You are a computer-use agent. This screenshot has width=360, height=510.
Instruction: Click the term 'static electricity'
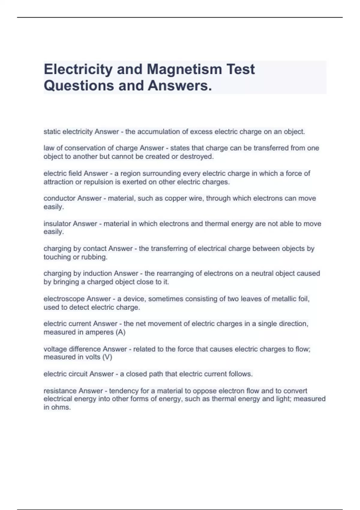68,132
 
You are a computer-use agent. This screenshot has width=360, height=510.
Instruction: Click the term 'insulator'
57,224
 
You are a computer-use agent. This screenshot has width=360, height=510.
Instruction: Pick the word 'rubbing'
95,257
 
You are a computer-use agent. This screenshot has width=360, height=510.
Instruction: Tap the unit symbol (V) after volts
107,357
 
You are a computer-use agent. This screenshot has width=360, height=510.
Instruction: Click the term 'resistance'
60,391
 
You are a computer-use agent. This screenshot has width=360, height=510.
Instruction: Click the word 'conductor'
59,198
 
